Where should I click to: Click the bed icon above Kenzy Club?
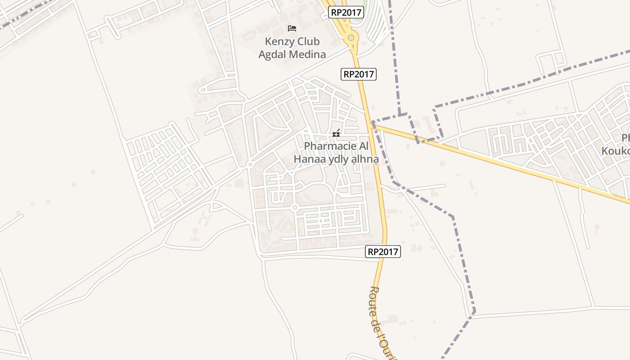point(292,28)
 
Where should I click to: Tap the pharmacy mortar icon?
point(336,133)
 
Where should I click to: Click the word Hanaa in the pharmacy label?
point(308,159)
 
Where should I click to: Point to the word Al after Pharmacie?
point(363,146)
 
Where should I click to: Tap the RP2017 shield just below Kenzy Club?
point(358,74)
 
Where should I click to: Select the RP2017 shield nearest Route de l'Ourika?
point(383,252)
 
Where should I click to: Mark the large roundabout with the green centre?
point(351,38)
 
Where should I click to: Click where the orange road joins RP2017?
point(373,125)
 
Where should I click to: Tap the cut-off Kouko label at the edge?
point(616,150)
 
